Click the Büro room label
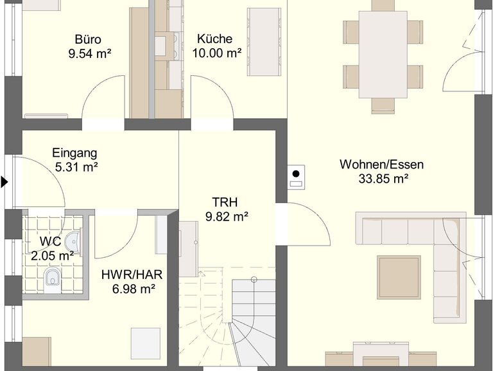[88, 39]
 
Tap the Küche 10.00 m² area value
[216, 53]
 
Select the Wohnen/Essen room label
[381, 165]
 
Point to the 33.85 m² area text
[383, 179]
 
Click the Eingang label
[74, 153]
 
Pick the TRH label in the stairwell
[225, 202]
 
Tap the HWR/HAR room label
[132, 275]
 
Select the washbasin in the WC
[73, 242]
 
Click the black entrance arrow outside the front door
[4, 182]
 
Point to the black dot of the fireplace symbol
[296, 174]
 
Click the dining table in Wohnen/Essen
[383, 55]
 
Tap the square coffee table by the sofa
[399, 277]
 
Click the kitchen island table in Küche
[264, 42]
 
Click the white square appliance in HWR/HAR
[146, 343]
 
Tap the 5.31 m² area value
[76, 167]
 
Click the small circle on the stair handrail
[254, 279]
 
